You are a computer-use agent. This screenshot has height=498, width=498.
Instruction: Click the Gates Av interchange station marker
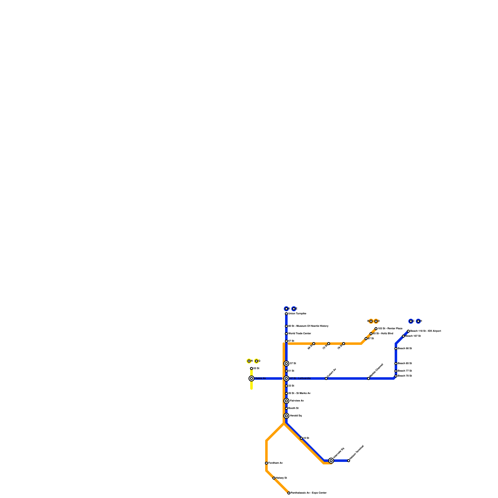pyautogui.click(x=251, y=378)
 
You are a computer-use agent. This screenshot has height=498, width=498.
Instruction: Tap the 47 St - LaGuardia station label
pyautogui.click(x=300, y=378)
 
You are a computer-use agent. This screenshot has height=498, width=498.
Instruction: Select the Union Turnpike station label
pyautogui.click(x=297, y=314)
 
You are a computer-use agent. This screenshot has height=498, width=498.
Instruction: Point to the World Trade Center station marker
pyautogui.click(x=286, y=334)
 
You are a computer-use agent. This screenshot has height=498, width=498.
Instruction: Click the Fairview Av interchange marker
pyautogui.click(x=286, y=401)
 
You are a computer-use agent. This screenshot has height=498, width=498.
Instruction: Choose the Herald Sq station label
pyautogui.click(x=296, y=416)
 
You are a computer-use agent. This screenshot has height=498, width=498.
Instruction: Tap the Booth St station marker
pyautogui.click(x=286, y=408)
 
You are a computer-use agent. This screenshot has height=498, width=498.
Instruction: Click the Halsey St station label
pyautogui.click(x=281, y=478)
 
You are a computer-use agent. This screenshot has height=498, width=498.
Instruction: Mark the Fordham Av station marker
pyautogui.click(x=266, y=463)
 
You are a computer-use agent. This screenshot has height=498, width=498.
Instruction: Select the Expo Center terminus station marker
pyautogui.click(x=289, y=493)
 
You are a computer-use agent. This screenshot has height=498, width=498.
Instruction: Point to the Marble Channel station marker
pyautogui.click(x=369, y=378)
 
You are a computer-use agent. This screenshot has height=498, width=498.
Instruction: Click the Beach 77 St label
pyautogui.click(x=405, y=371)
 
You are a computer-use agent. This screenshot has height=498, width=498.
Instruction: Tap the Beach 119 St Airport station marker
pyautogui.click(x=408, y=331)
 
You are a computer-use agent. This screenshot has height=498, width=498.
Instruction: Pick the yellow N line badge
pyautogui.click(x=249, y=361)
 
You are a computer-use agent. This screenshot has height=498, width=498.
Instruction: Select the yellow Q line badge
pyautogui.click(x=256, y=361)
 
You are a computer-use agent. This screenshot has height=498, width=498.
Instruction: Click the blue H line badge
pyautogui.click(x=418, y=321)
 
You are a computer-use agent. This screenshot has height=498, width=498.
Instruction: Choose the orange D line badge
pyautogui.click(x=376, y=321)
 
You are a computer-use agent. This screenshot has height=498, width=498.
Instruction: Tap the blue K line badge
pyautogui.click(x=286, y=309)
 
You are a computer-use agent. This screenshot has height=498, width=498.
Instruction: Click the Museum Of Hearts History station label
pyautogui.click(x=308, y=326)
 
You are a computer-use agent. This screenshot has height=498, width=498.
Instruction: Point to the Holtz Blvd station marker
pyautogui.click(x=371, y=334)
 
